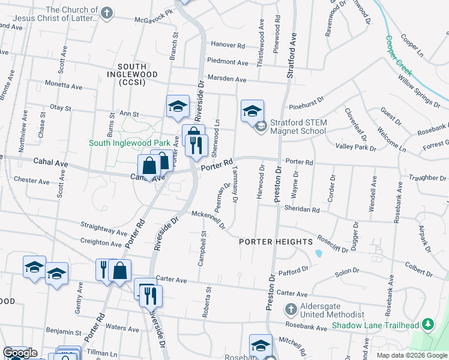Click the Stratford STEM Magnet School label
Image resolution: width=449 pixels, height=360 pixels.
(298, 127)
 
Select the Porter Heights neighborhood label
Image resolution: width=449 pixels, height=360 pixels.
(276, 242)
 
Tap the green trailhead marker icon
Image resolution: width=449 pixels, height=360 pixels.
(427, 325)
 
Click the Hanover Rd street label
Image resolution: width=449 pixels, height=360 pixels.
(228, 45)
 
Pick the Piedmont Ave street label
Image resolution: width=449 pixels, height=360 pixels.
(228, 62)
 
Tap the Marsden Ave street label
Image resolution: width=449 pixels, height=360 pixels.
(227, 79)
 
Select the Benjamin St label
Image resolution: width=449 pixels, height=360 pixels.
(62, 331)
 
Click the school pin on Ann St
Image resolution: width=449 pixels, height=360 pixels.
(178, 106)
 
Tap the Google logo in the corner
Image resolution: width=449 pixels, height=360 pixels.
(20, 353)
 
